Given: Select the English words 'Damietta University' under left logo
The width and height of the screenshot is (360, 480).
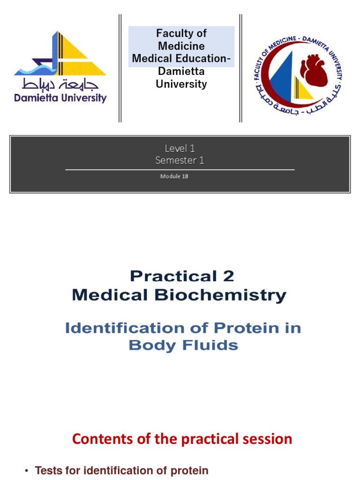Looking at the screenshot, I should click(60, 98).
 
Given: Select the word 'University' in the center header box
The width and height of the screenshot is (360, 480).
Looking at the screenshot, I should click(181, 84).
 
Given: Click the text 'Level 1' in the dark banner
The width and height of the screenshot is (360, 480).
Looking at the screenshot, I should click(180, 149).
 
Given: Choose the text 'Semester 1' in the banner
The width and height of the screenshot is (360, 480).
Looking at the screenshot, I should click(180, 160).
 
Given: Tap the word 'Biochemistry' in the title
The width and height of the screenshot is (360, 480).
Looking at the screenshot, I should click(233, 295).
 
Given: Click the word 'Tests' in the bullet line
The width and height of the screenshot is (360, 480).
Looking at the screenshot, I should click(48, 471).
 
